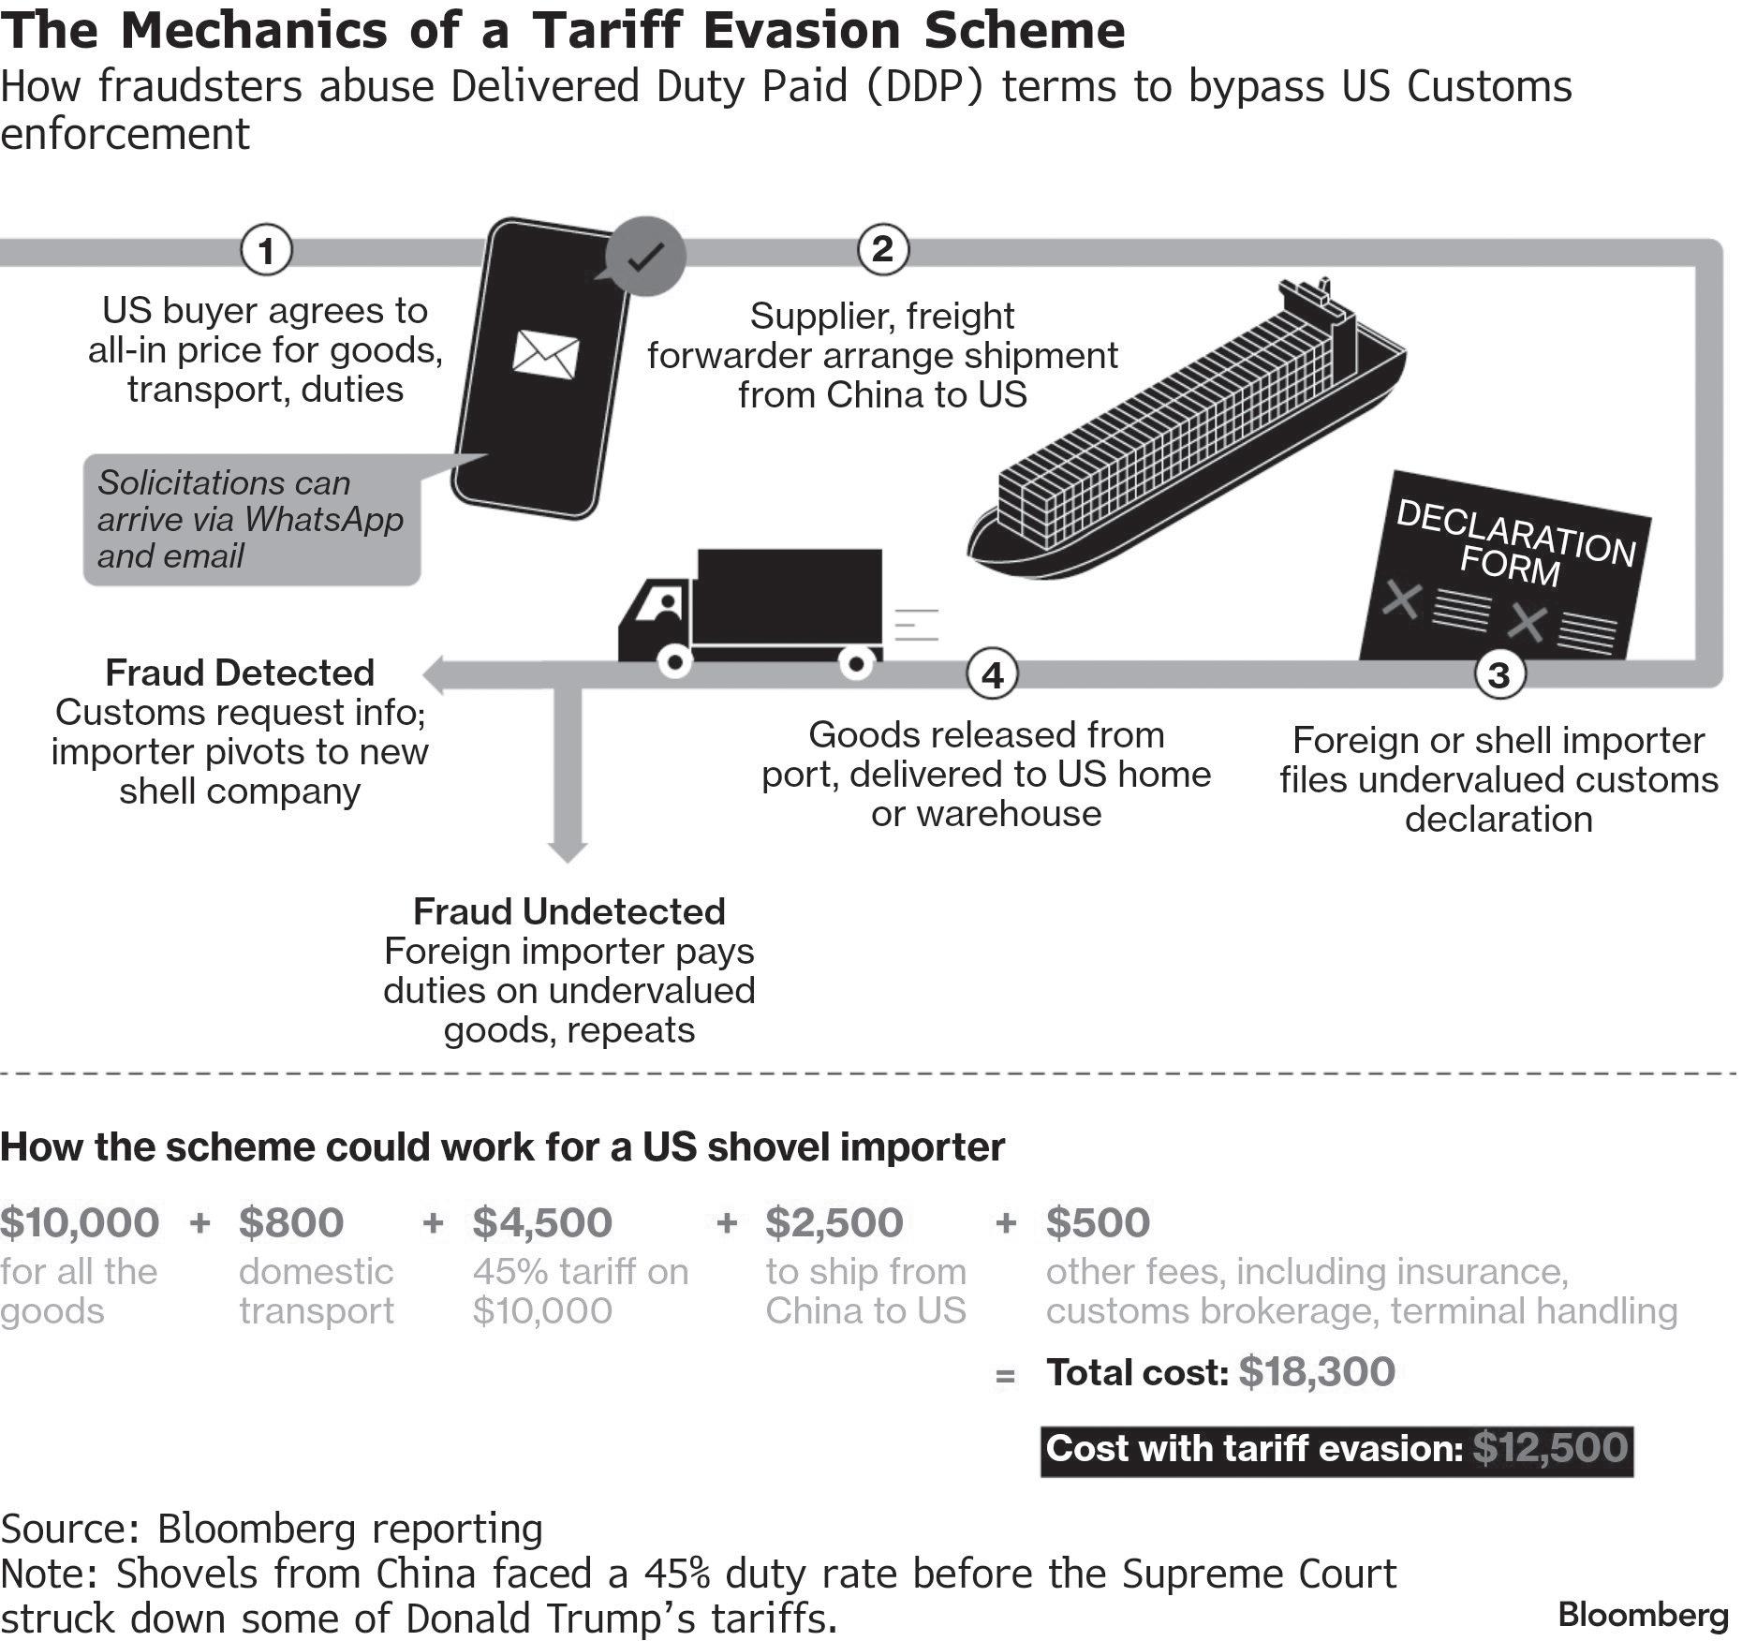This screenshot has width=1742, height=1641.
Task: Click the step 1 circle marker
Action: (x=266, y=251)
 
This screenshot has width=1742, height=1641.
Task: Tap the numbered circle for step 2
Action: (x=882, y=250)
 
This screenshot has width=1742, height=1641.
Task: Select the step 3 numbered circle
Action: (x=1498, y=673)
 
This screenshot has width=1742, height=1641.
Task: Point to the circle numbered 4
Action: (x=992, y=673)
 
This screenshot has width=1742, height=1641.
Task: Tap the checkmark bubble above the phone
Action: (x=645, y=256)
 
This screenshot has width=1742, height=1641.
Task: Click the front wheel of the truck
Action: (x=674, y=662)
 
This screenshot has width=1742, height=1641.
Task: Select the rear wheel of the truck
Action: (x=856, y=663)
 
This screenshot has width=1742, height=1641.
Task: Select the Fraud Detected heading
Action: (x=240, y=673)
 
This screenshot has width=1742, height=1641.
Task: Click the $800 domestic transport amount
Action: (x=291, y=1222)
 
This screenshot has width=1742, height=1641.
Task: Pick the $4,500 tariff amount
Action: (x=542, y=1222)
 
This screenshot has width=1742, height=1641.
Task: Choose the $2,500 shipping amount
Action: (x=834, y=1222)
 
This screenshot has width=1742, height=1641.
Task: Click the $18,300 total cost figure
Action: (x=1316, y=1372)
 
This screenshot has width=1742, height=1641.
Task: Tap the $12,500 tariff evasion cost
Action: (x=1550, y=1448)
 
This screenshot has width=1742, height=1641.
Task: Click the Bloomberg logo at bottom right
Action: (x=1643, y=1614)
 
